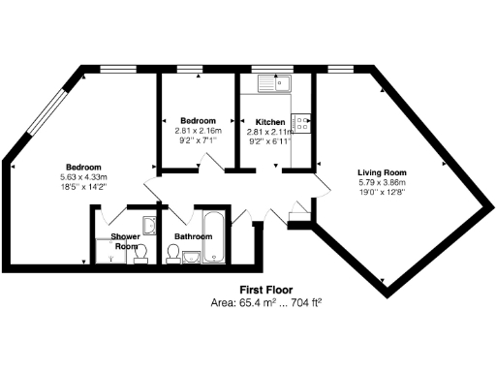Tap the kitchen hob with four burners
pos(302,123)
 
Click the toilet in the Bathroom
pos(173,253)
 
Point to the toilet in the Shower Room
pos(139,255)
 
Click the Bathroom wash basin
pos(191,257)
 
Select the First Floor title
pos(266,290)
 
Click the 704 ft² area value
pos(302,302)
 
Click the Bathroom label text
pos(193,235)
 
